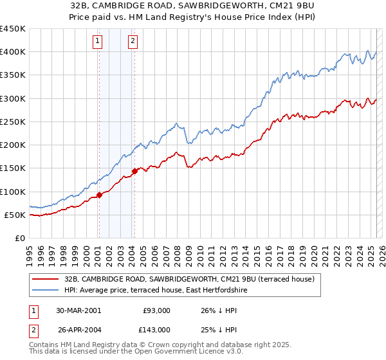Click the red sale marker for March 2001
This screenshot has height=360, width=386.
(x=99, y=195)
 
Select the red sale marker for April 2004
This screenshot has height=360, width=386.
(x=134, y=171)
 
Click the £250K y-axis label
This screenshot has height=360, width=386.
(x=13, y=122)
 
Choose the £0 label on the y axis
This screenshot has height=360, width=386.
(x=19, y=238)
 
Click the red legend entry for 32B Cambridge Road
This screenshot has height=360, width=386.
(x=188, y=279)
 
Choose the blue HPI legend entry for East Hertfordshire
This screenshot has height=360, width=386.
(x=156, y=291)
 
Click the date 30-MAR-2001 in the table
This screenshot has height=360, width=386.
(x=78, y=310)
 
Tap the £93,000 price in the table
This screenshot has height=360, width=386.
(x=156, y=310)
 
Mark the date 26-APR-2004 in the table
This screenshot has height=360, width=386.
(x=78, y=329)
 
